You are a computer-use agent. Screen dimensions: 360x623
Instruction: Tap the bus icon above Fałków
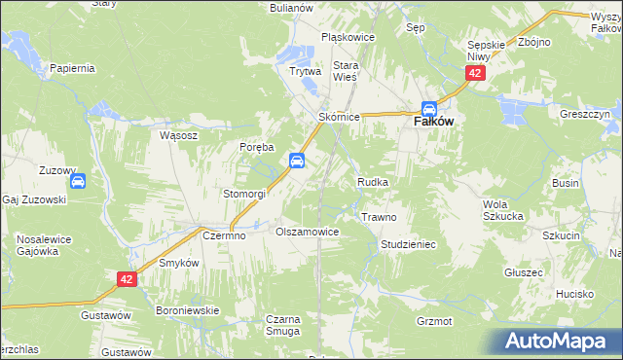[429, 109]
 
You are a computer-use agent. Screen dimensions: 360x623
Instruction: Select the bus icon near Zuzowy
[78, 180]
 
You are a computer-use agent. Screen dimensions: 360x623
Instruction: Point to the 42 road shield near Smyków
[127, 279]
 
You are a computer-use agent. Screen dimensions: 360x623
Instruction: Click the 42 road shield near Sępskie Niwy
[474, 73]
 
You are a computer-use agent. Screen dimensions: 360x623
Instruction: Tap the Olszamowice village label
[307, 233]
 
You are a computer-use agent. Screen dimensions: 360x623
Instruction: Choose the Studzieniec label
[408, 244]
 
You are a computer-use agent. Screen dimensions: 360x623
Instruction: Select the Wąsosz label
[178, 136]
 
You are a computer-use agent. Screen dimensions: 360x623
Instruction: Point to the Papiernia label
[71, 68]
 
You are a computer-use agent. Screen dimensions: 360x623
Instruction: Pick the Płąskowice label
[348, 38]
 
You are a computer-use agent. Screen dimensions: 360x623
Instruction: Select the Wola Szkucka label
[503, 209]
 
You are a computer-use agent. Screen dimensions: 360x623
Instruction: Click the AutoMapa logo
[560, 342]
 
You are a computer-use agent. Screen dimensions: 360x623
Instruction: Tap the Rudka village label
[374, 182]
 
